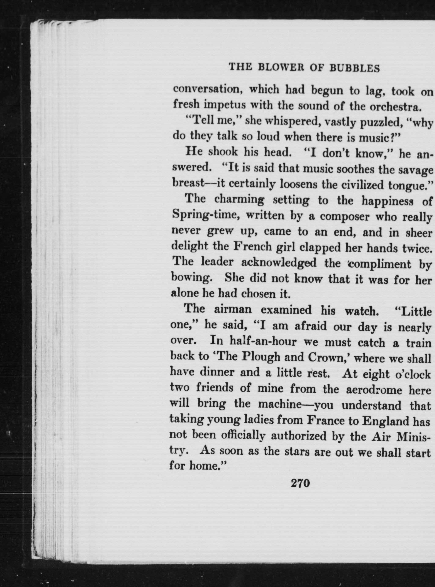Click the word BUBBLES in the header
tap(355, 68)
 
